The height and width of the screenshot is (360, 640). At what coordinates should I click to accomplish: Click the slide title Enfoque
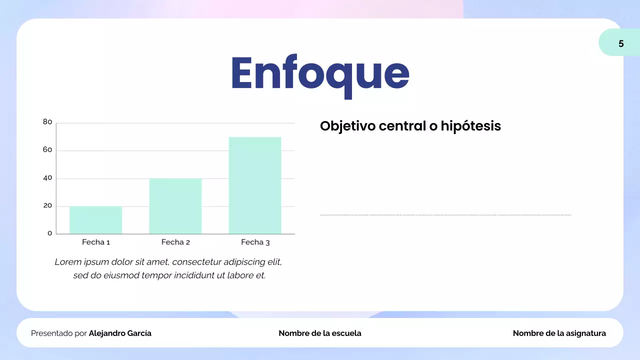tap(320, 73)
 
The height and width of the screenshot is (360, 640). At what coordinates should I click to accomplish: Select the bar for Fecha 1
tap(95, 220)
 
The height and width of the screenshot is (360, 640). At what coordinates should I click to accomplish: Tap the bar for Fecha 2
tap(175, 206)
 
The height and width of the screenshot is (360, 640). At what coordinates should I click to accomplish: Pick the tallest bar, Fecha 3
tap(255, 185)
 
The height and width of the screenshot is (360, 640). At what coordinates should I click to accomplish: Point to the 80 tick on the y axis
tap(47, 122)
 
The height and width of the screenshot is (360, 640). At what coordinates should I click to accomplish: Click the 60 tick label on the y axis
tap(47, 150)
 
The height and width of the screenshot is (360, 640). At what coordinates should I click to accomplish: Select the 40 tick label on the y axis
tap(47, 178)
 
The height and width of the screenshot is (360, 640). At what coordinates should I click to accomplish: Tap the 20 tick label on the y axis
tap(47, 206)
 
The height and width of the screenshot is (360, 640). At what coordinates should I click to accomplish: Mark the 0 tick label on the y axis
tap(49, 233)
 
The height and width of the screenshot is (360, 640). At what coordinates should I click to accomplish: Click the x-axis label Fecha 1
tap(96, 242)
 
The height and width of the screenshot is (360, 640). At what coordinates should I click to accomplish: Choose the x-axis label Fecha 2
tap(175, 242)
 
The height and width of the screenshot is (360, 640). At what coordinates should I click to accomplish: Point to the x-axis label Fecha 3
tap(255, 242)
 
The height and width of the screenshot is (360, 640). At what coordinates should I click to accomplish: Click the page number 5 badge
tap(620, 43)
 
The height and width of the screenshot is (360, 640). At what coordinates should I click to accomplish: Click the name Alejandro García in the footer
tap(120, 333)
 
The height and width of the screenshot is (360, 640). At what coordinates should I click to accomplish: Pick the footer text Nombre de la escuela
tap(320, 333)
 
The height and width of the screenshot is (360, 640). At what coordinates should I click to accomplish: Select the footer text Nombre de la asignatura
tap(559, 333)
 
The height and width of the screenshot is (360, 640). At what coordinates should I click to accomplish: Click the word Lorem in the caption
tap(68, 262)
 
